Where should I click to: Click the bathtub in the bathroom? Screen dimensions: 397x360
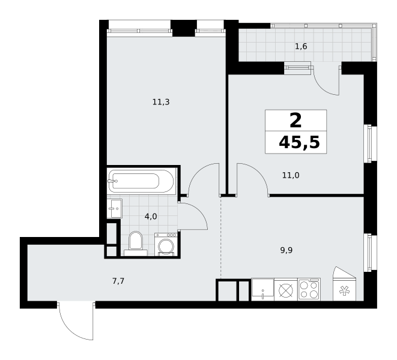(142, 181)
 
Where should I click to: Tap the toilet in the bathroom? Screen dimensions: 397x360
(136, 244)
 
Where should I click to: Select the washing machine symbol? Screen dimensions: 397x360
(166, 244)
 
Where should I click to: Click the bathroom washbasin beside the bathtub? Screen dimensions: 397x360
(115, 208)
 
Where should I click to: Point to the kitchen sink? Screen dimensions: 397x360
(263, 289)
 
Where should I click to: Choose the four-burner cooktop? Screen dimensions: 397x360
(309, 289)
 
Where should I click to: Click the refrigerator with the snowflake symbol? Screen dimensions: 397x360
(344, 284)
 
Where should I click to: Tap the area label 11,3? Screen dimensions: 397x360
(161, 102)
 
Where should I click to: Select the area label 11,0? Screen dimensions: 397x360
(291, 175)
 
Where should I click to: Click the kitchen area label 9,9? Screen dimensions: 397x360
(286, 250)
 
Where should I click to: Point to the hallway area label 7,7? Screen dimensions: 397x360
(118, 281)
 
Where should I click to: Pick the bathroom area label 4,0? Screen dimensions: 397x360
(151, 217)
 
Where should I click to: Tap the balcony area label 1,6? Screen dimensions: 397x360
(301, 47)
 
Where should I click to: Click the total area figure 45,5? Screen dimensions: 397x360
(299, 143)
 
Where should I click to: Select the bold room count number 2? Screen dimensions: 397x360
(295, 121)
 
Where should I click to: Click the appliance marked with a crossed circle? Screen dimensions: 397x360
(286, 289)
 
